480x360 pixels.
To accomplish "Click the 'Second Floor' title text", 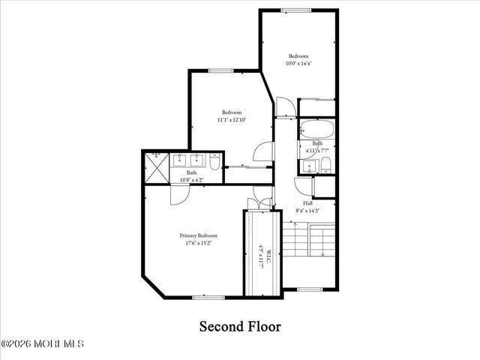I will (239, 326).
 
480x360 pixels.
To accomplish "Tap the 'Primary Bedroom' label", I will (199, 235).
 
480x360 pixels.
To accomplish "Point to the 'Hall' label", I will (307, 203).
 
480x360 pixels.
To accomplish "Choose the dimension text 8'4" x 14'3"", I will (307, 211).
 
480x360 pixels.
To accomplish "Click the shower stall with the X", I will (155, 166).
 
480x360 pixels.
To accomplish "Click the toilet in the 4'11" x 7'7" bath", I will (327, 166).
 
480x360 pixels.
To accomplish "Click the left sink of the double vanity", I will (181, 159).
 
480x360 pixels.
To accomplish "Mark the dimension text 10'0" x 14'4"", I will (298, 64).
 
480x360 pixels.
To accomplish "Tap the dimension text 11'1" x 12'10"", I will (232, 119).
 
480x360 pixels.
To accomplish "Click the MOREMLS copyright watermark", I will (43, 344).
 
